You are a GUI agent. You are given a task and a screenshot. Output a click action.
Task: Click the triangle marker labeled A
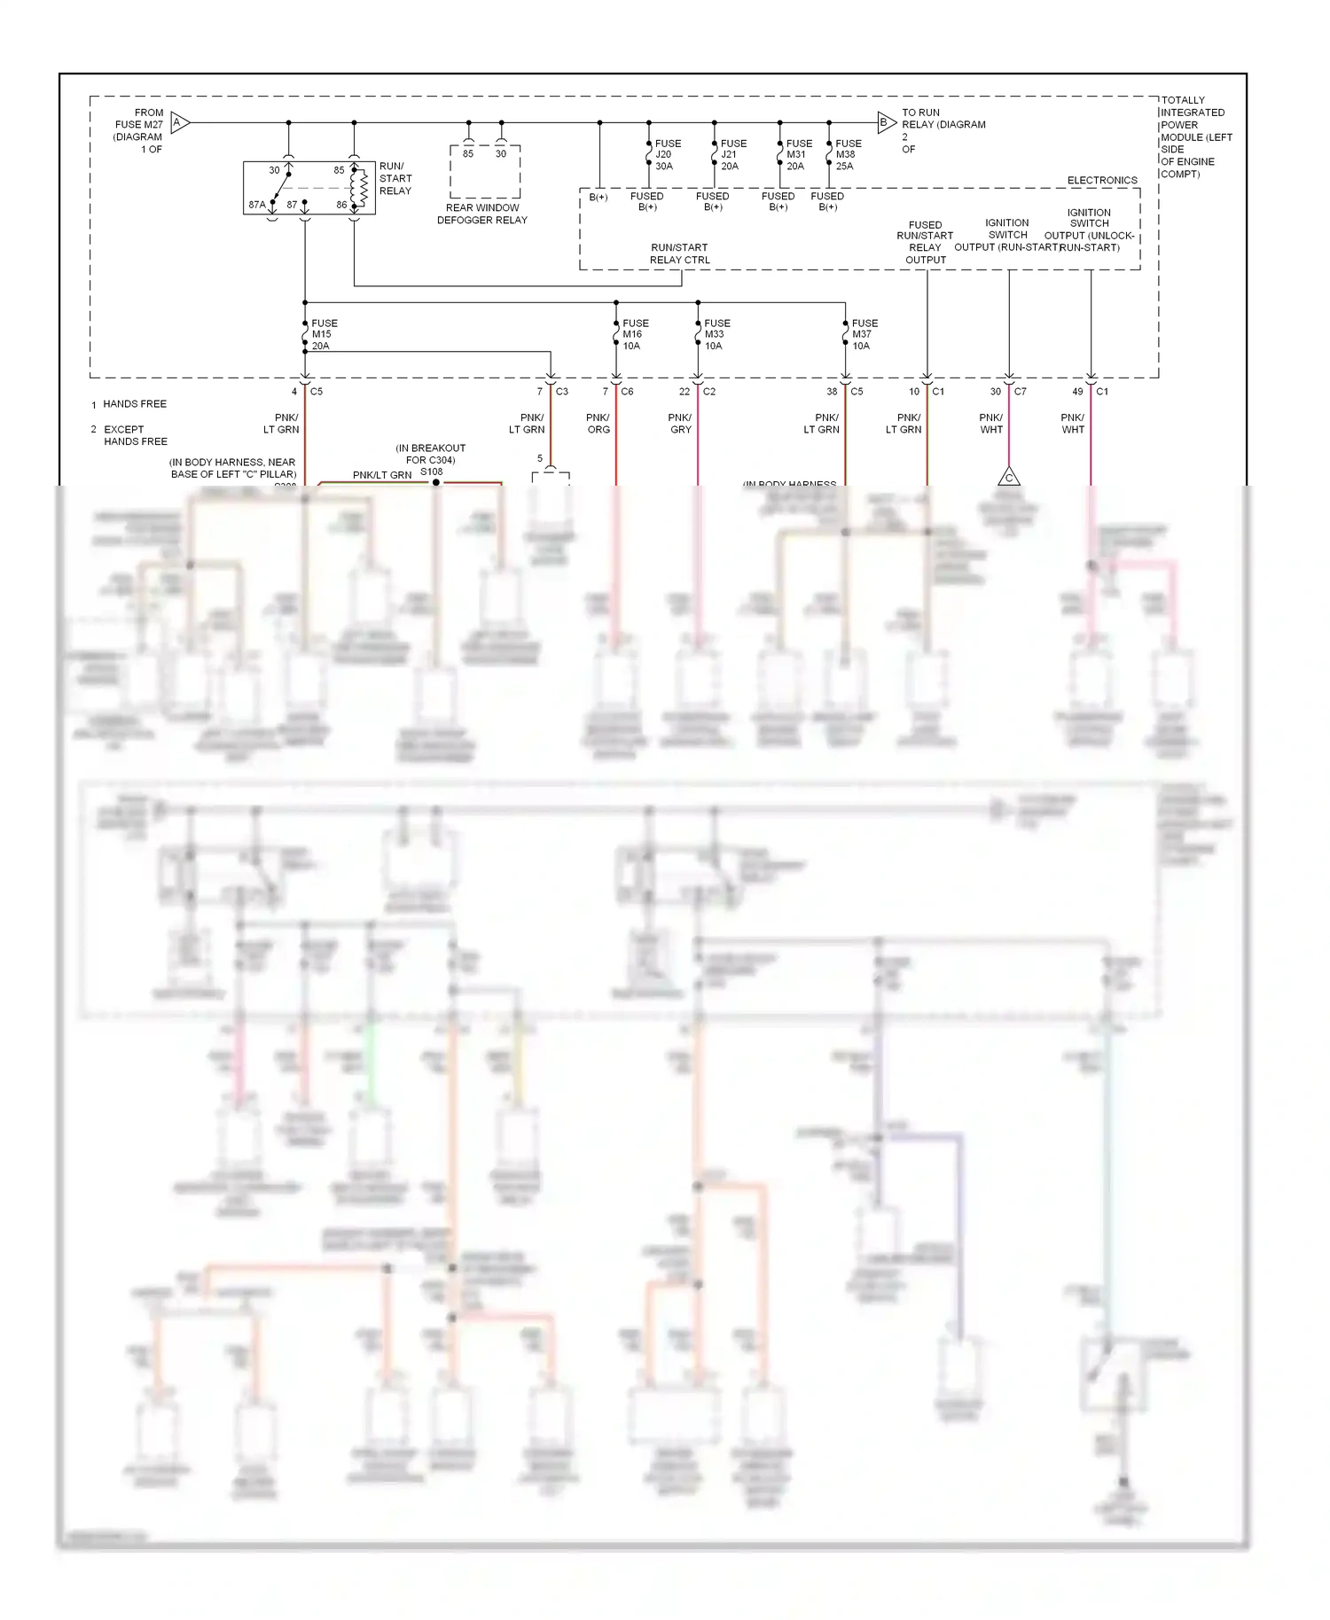coord(178,123)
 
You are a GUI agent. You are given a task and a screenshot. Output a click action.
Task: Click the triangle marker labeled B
coord(885,123)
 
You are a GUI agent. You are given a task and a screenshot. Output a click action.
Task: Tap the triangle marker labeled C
coord(1008,478)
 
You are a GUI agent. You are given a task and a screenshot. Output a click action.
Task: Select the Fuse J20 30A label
coord(667,154)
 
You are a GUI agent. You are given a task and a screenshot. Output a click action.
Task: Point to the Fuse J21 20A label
coord(732,154)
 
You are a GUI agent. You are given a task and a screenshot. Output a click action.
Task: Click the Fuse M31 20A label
coord(798,154)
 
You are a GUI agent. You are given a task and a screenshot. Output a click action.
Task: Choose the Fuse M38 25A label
coord(848,154)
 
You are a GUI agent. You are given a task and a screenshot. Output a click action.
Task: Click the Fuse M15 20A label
coord(324,335)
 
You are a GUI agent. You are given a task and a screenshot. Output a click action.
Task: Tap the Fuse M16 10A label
coord(635,335)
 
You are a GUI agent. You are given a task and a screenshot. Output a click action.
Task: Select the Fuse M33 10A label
coord(716,335)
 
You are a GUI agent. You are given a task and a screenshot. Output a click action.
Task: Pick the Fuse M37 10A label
coord(864,335)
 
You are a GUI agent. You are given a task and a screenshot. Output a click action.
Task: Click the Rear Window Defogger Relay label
coord(482,214)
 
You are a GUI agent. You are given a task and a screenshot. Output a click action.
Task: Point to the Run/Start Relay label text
coord(395,178)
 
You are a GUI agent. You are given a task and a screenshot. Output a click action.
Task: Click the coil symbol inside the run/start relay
coord(361,187)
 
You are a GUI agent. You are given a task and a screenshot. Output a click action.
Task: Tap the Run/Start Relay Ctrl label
coord(679,253)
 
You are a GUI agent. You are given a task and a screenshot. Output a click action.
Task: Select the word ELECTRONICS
coord(1102,180)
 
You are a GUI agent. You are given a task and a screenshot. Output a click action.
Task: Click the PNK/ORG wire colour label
coord(598,424)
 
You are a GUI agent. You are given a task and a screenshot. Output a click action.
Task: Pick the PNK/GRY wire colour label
coord(680,424)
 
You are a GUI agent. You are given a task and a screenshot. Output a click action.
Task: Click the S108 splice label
coord(432,471)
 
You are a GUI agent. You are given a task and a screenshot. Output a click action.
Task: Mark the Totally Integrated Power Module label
coord(1195,136)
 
